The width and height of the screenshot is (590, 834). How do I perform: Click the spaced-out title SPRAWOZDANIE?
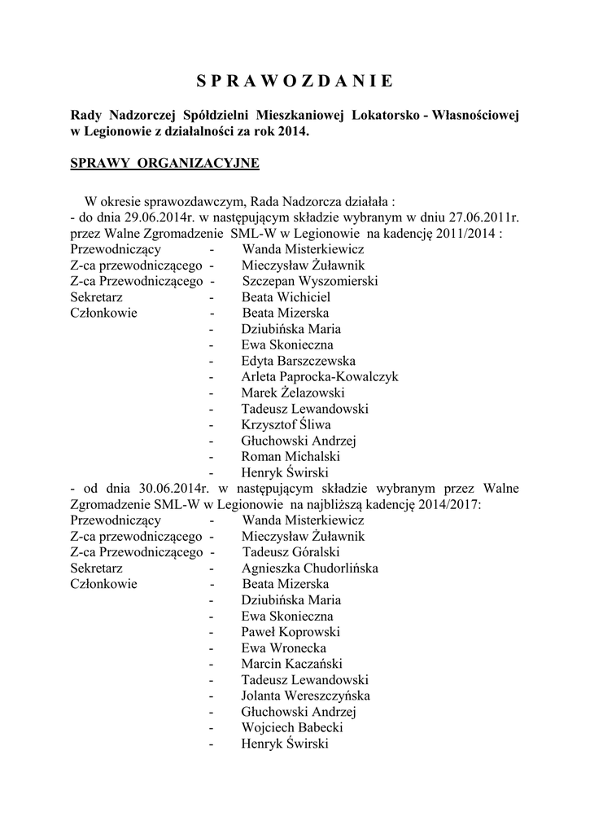[295, 81]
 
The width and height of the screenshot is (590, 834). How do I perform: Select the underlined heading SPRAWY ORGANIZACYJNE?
[165, 164]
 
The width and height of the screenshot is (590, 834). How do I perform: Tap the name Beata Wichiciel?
[286, 297]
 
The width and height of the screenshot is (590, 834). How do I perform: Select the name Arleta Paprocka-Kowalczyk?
[320, 376]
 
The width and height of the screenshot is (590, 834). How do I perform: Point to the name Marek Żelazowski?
[293, 393]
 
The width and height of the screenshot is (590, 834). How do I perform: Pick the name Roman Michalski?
[289, 456]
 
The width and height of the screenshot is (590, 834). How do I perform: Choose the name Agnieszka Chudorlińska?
[309, 568]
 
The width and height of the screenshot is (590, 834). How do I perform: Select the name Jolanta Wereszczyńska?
[305, 696]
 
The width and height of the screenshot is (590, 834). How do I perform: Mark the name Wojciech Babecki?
[291, 727]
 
